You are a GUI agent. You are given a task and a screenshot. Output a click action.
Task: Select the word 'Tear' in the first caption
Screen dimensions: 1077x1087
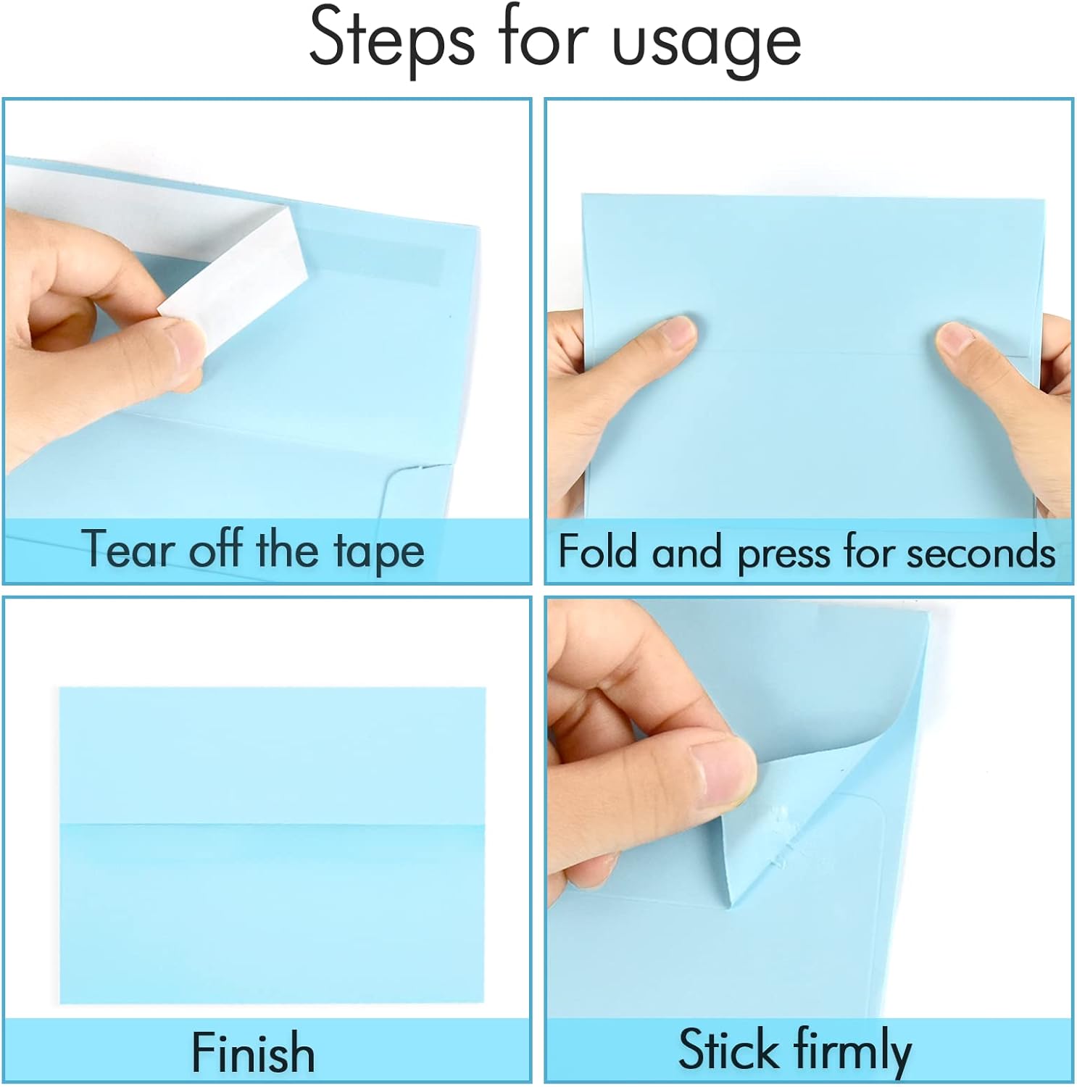pyautogui.click(x=125, y=549)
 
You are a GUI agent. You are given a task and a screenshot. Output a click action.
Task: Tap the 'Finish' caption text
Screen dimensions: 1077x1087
pyautogui.click(x=253, y=1052)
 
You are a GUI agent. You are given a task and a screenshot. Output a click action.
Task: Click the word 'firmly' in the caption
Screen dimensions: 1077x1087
pyautogui.click(x=853, y=1051)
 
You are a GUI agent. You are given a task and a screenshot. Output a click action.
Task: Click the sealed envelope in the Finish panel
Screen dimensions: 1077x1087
pyautogui.click(x=273, y=845)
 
